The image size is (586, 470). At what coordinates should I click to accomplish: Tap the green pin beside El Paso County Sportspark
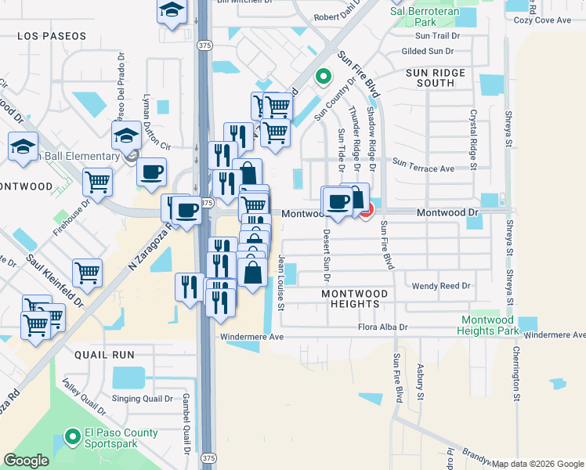coord(72,436)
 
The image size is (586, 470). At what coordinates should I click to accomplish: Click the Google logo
coord(26,461)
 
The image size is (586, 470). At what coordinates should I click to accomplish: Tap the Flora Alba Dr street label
coord(384,327)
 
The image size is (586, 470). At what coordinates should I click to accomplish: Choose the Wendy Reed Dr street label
coord(441,287)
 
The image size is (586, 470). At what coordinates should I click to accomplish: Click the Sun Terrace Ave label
coord(423,167)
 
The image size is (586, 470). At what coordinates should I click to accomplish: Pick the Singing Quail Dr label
coord(142,399)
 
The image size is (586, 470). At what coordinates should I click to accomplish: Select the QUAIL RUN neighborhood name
coord(102,355)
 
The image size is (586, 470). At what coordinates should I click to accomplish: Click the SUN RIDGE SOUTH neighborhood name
coord(436,78)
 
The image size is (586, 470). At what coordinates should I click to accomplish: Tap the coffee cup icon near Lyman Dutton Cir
coord(151,172)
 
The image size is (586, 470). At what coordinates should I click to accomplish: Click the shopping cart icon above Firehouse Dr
coord(97,183)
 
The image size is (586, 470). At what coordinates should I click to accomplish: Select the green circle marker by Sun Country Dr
coord(322,76)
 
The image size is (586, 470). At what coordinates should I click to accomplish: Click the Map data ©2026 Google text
coord(538,464)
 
